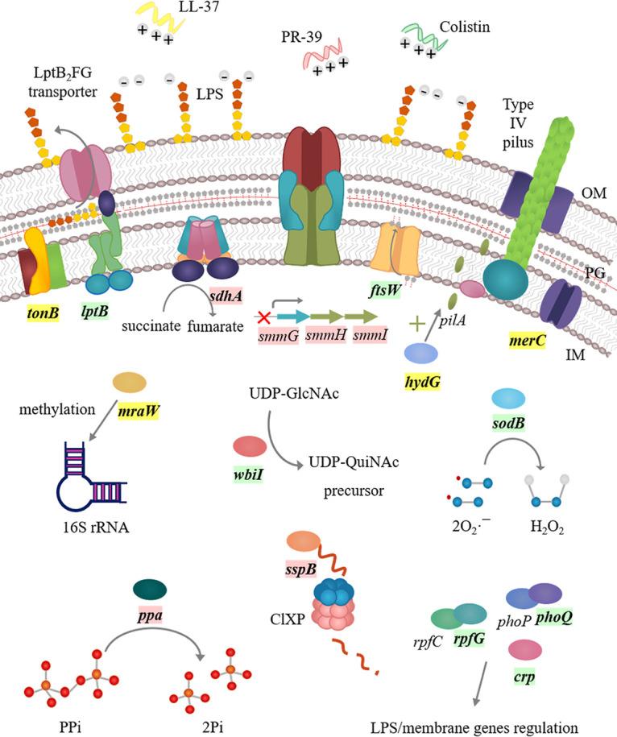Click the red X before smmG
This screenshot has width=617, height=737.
point(261,316)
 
